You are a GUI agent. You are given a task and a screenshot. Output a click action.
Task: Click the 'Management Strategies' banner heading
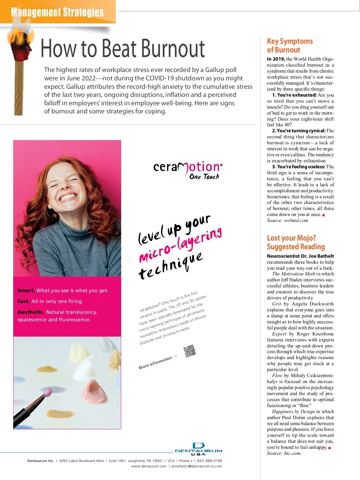click(x=57, y=13)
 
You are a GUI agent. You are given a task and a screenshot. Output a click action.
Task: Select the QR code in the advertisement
click(x=190, y=351)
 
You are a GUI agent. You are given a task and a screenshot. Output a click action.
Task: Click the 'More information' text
click(x=155, y=363)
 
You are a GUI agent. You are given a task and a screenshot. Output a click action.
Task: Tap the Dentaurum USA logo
click(x=198, y=449)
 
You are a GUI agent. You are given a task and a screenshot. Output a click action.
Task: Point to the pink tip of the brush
click(x=48, y=392)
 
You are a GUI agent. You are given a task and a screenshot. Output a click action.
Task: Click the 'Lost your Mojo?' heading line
click(x=291, y=238)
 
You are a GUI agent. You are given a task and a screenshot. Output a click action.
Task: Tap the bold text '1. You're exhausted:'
click(x=294, y=95)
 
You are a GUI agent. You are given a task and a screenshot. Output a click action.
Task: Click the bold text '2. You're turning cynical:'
click(x=298, y=131)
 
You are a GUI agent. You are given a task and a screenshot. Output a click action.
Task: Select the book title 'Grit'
click(x=276, y=304)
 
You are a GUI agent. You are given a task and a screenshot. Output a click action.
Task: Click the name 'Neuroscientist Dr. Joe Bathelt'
click(x=300, y=256)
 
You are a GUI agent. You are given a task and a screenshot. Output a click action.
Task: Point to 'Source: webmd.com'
click(x=287, y=220)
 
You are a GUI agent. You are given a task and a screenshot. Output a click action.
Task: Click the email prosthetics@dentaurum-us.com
click(x=196, y=466)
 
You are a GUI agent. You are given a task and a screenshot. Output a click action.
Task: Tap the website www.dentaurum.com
click(x=149, y=466)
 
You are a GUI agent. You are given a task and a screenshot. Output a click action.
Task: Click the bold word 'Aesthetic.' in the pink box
click(x=31, y=312)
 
